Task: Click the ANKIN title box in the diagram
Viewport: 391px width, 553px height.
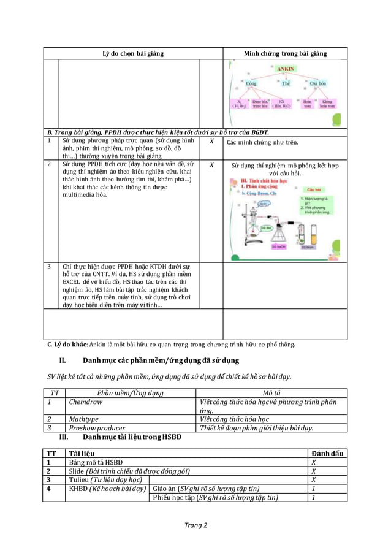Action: [286, 69]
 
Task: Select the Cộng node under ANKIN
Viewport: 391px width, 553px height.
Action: [251, 83]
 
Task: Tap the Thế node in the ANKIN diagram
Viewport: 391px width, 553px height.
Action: [286, 83]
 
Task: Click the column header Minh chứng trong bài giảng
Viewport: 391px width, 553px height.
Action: [285, 53]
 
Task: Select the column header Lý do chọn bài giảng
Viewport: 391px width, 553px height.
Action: [132, 53]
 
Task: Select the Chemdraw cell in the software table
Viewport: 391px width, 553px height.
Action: [85, 402]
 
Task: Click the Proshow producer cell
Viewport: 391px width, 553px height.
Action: [97, 428]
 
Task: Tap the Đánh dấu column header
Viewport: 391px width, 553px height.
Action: [328, 454]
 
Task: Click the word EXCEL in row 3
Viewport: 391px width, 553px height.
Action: [73, 282]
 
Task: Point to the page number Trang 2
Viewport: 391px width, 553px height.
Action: [195, 525]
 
